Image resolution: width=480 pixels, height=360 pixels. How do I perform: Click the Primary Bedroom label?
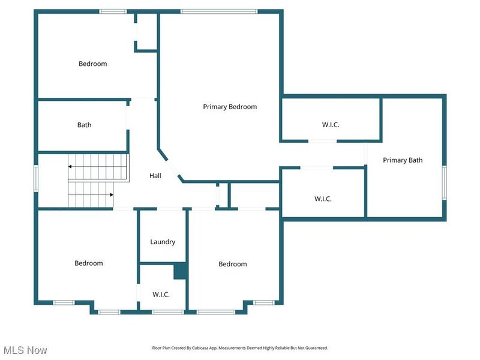coord(230,107)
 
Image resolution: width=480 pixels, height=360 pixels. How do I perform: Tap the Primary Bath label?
coord(403,160)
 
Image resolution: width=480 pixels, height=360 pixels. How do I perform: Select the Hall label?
coord(155,176)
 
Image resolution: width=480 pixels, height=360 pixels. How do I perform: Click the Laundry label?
coord(163,242)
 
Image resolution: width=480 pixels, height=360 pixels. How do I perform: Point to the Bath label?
coord(84,125)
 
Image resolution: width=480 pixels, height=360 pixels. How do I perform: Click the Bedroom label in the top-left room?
coord(93,64)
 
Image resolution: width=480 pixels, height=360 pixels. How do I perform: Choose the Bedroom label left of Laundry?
coord(89,263)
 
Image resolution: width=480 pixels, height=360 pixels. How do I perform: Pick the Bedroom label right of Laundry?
coord(232,264)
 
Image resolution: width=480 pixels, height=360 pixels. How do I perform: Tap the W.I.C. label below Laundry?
coord(161,295)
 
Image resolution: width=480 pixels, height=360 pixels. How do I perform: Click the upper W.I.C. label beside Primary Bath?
coord(331,125)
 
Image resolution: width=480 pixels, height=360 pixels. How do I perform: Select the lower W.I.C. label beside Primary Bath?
coord(323,199)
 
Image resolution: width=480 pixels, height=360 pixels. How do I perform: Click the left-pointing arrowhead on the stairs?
coord(70,166)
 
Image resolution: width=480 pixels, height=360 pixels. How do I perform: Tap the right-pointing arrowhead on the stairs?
coord(112,194)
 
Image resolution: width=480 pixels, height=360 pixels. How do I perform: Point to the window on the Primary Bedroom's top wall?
coord(219,11)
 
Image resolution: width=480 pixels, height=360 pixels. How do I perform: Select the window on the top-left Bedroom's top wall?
coord(113,11)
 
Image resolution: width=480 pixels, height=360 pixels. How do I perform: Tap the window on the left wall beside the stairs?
coord(35,178)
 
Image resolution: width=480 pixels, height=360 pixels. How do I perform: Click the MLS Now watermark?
coord(25,350)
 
